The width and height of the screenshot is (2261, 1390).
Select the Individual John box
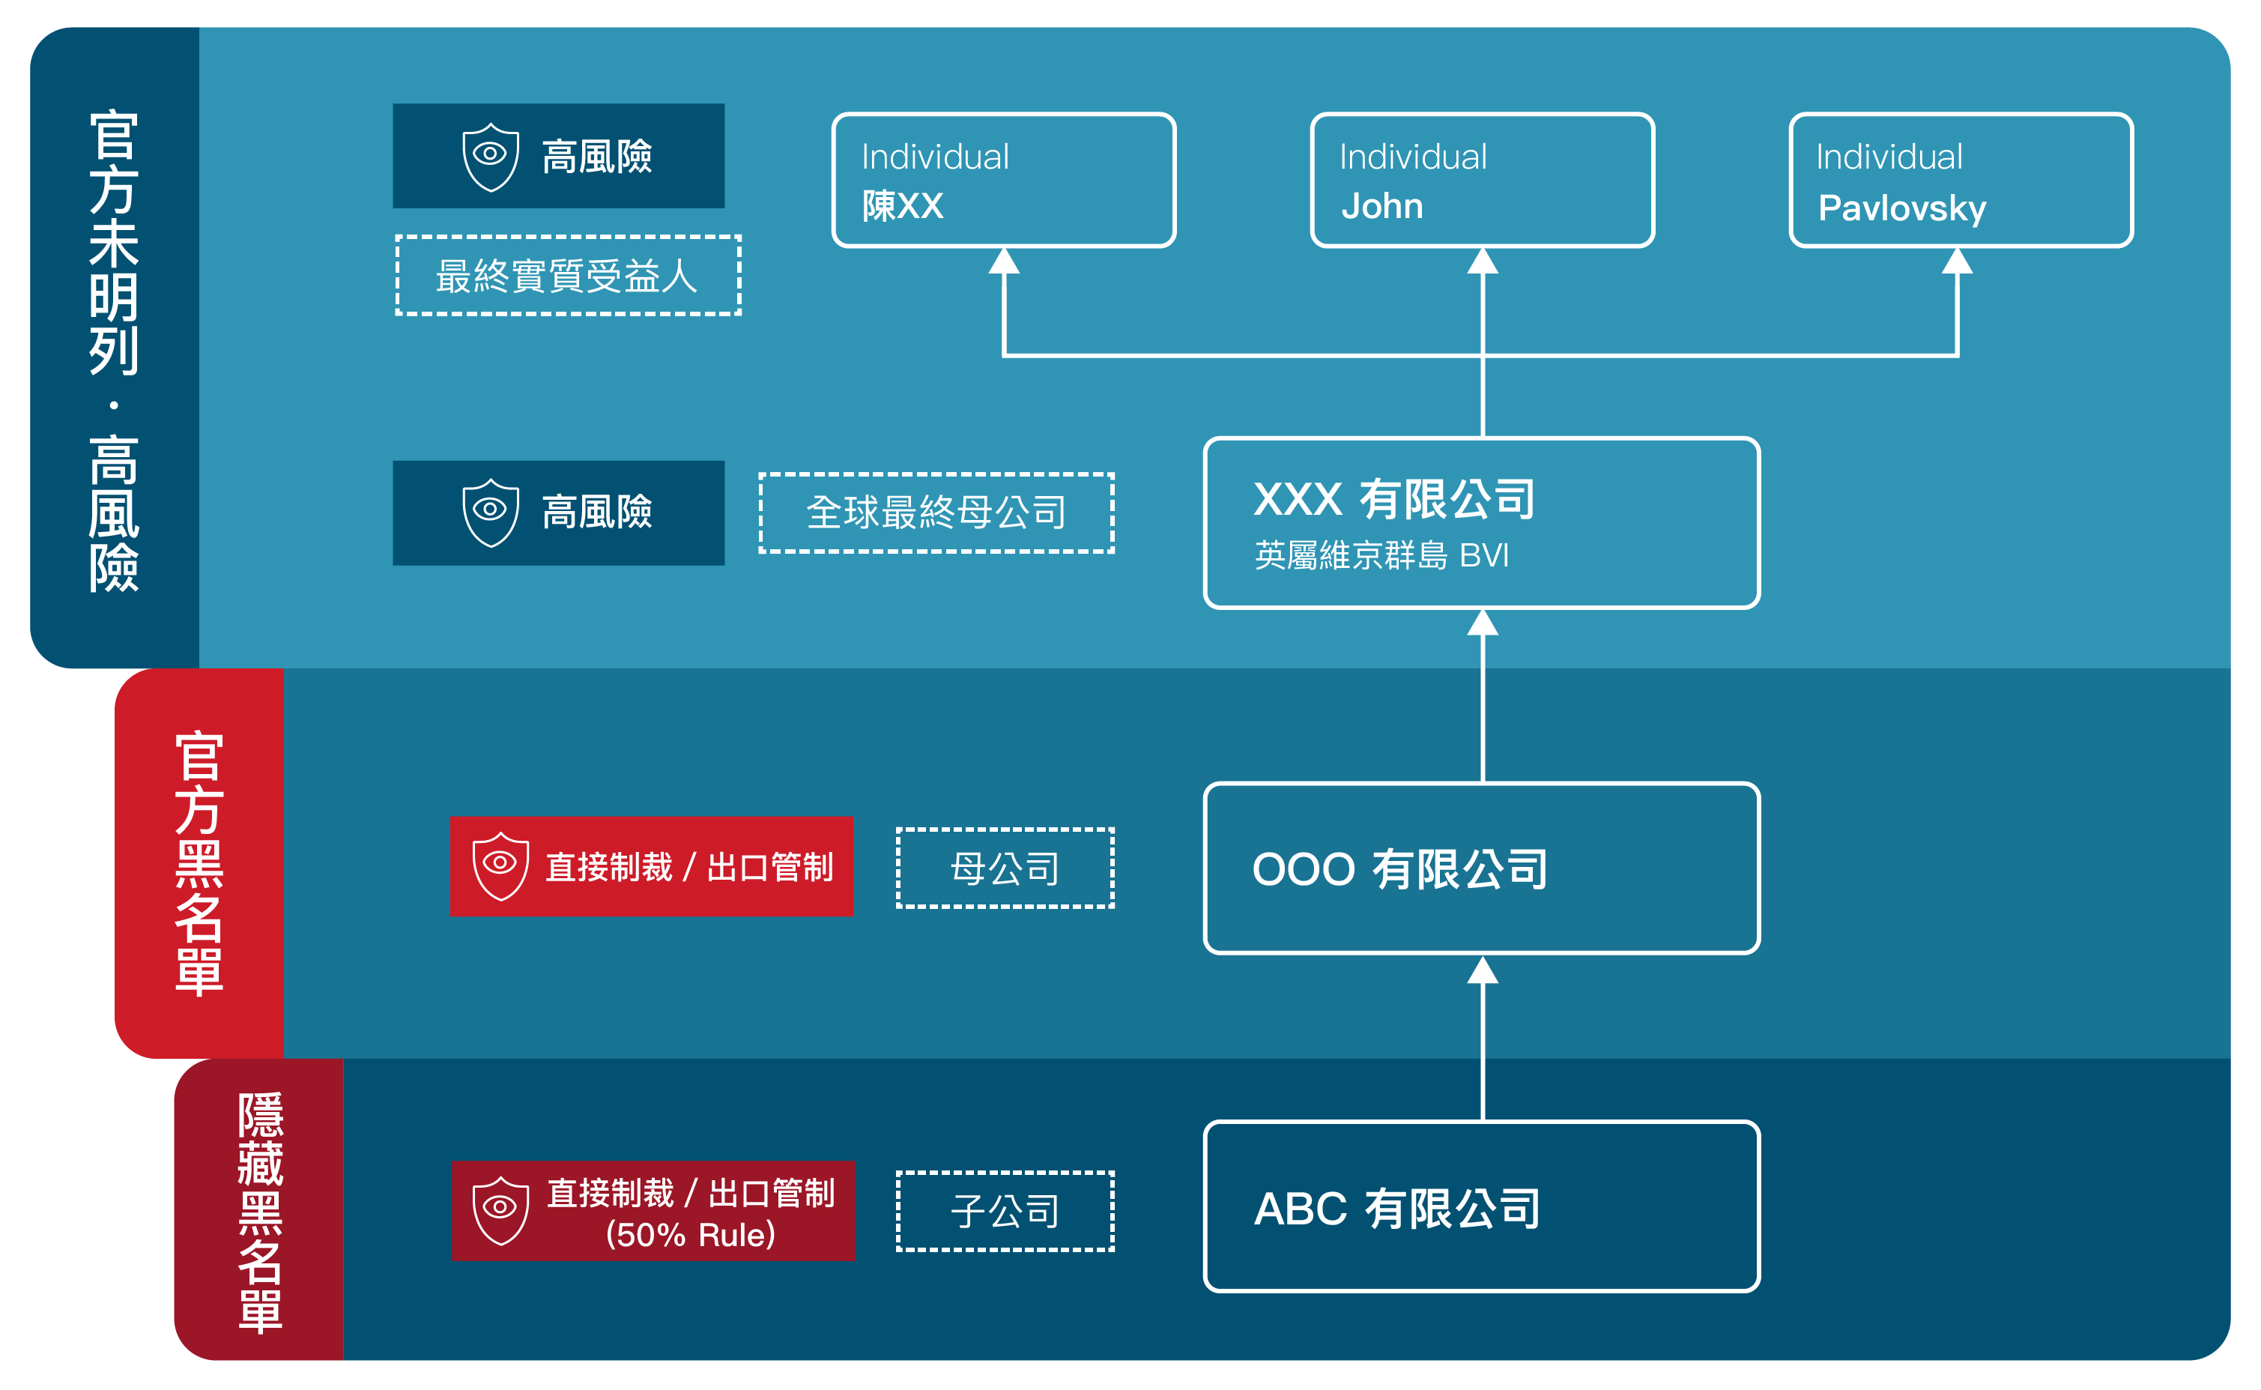(x=1482, y=180)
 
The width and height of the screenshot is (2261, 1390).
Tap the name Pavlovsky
(x=1901, y=208)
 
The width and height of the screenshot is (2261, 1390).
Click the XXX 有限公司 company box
(x=1482, y=522)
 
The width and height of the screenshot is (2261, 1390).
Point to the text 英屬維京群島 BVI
(x=1381, y=555)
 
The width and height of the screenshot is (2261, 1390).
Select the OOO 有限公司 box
(x=1482, y=868)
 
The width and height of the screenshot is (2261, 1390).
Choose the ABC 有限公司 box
(x=1482, y=1206)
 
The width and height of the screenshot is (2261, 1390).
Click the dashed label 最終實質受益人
(x=567, y=276)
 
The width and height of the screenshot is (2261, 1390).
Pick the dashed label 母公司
(x=1005, y=868)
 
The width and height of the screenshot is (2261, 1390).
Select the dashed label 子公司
(x=1005, y=1211)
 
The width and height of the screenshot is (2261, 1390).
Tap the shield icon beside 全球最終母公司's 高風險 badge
(x=491, y=512)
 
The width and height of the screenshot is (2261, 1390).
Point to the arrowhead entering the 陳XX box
(x=1004, y=261)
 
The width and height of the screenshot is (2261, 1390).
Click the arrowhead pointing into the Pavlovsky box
(x=1957, y=261)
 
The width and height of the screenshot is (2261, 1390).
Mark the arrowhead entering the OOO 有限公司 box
(x=1483, y=970)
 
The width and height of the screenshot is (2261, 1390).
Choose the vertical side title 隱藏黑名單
(x=260, y=1212)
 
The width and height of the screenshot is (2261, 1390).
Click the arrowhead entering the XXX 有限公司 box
(x=1483, y=623)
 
